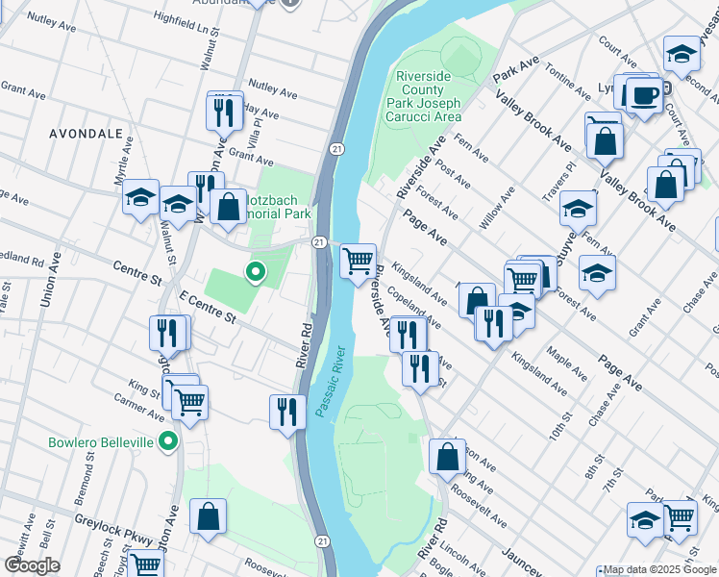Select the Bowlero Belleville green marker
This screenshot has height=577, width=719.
tap(168, 442)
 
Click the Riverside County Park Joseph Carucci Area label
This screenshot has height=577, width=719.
tap(424, 96)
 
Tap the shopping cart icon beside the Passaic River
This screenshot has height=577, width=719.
tap(358, 260)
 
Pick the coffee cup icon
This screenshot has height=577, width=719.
tap(643, 95)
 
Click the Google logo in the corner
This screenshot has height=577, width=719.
tap(32, 565)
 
